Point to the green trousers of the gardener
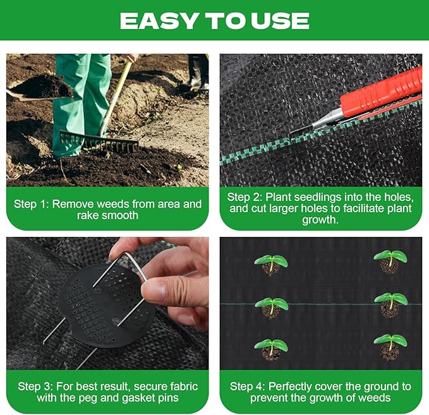(82, 95)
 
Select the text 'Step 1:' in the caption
(31, 204)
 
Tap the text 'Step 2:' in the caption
(245, 197)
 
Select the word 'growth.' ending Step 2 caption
(320, 221)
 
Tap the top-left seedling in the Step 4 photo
(271, 263)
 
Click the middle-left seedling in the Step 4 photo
(271, 307)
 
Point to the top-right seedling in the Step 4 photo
(390, 260)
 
